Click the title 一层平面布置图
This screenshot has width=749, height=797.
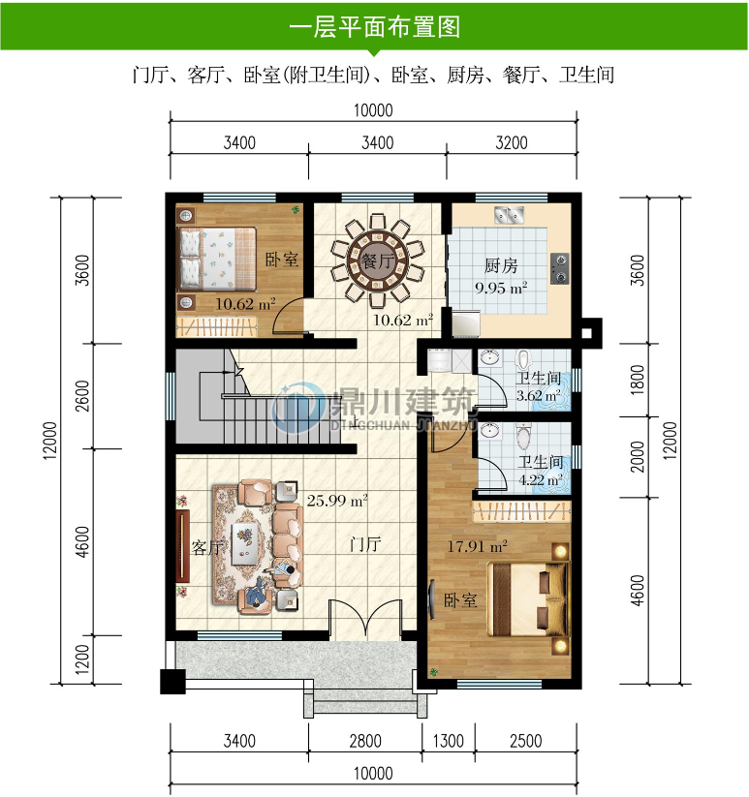[x=374, y=27]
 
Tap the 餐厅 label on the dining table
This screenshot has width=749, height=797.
[x=376, y=261]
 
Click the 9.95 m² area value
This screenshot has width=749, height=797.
[x=501, y=287]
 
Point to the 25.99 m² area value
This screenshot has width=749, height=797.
[x=337, y=501]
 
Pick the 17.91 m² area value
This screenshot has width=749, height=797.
[x=477, y=546]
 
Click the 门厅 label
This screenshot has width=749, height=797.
[x=365, y=545]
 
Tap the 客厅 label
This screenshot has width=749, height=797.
[x=208, y=548]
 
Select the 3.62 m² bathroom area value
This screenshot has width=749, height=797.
[x=538, y=395]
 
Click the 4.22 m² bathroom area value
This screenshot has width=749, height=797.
[x=541, y=478]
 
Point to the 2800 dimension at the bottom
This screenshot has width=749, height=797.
[x=364, y=742]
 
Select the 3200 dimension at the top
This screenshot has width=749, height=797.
[x=513, y=142]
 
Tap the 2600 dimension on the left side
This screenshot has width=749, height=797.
[x=82, y=396]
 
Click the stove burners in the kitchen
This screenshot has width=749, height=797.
[x=560, y=267]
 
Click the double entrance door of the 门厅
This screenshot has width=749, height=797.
[x=365, y=620]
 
